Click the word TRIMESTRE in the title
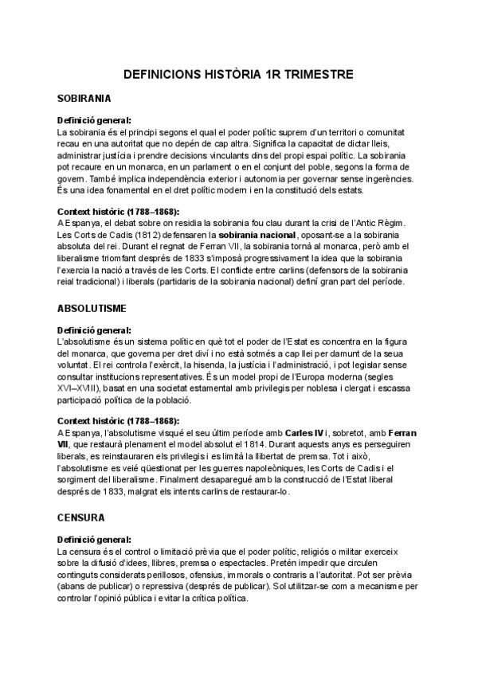click(x=311, y=75)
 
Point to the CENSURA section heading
click(x=82, y=517)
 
